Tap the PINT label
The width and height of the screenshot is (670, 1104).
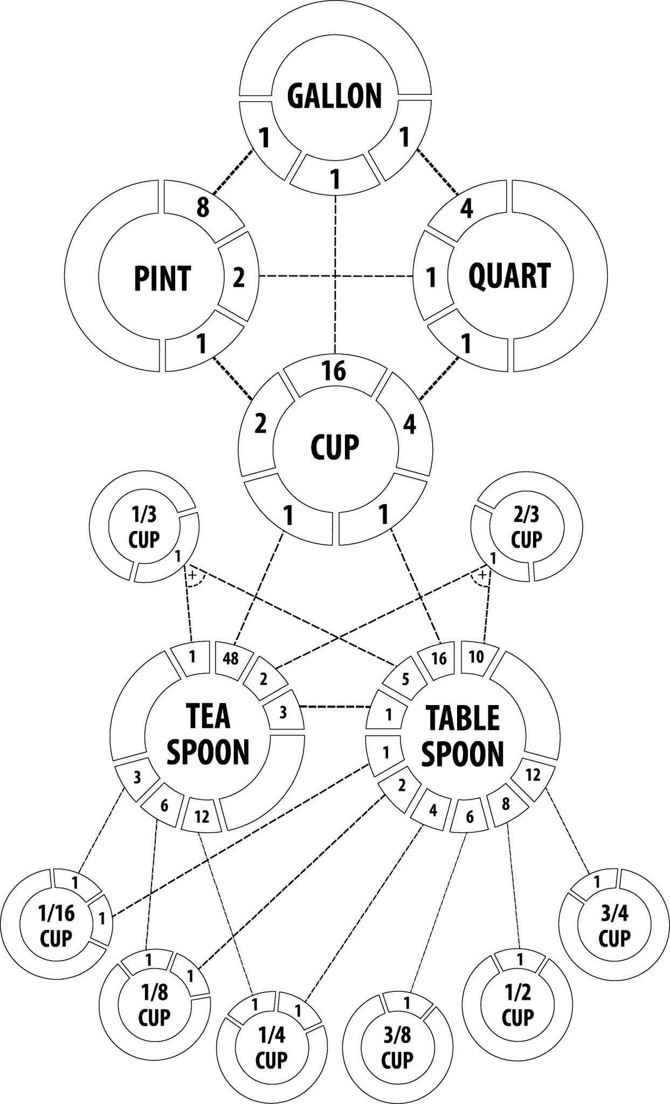point(162,278)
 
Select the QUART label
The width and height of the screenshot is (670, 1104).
point(509,275)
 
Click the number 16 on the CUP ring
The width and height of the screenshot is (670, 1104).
point(334,371)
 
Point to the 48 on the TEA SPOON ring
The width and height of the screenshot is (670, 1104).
point(230,659)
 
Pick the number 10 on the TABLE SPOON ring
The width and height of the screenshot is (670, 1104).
point(476,657)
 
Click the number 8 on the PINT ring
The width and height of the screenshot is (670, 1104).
point(202,208)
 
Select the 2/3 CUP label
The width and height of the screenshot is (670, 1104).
point(526,528)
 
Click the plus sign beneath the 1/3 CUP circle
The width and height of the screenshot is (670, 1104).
point(192,575)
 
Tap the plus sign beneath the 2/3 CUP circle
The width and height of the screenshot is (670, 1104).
point(482,575)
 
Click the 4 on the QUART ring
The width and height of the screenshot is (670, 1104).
point(467,209)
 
